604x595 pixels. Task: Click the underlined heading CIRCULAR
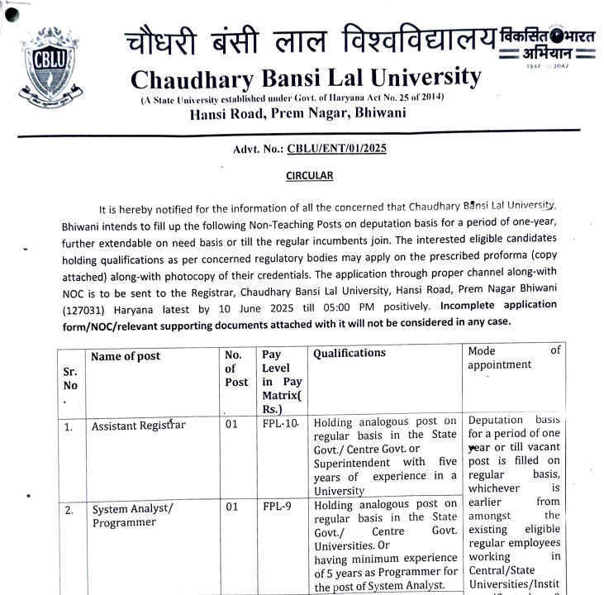310,175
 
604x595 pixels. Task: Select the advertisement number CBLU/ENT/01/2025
336,149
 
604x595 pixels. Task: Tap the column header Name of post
126,356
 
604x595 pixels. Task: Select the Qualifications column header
350,353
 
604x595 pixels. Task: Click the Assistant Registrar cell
139,426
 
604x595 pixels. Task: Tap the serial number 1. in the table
69,428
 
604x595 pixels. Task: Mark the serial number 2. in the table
69,510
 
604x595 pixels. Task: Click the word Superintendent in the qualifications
350,463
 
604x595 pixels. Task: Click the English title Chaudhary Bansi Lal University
306,79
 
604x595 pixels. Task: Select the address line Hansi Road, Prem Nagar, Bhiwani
297,113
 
